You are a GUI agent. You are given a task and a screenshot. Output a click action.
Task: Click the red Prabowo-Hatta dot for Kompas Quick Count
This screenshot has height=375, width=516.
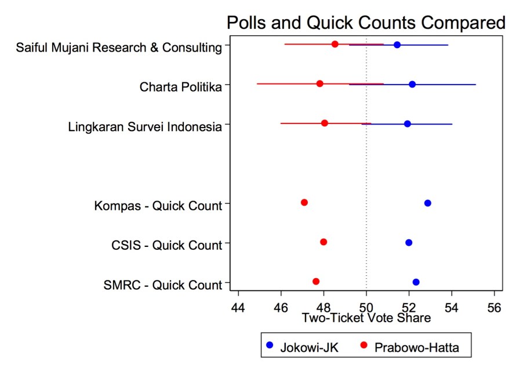point(304,202)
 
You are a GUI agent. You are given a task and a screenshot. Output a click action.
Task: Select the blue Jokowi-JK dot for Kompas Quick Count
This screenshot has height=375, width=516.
point(428,203)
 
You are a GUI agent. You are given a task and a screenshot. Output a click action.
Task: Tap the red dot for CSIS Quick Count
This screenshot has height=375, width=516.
point(324,242)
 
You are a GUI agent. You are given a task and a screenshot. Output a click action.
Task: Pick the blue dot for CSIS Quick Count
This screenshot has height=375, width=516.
point(409,242)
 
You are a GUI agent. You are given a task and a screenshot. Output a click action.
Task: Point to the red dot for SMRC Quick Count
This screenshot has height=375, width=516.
point(316,281)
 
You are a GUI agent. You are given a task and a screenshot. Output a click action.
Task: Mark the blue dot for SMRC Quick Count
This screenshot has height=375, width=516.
point(416,282)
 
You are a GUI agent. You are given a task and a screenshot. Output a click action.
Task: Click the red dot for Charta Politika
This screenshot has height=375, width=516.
point(319,83)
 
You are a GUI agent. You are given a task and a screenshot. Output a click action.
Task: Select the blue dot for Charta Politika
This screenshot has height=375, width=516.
point(412,84)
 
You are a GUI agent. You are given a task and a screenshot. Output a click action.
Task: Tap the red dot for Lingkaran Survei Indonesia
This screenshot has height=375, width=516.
point(325,123)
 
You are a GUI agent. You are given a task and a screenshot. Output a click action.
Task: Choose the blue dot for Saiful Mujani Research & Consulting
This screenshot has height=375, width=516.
point(397,45)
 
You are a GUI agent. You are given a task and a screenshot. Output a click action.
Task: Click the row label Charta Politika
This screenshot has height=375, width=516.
point(181,87)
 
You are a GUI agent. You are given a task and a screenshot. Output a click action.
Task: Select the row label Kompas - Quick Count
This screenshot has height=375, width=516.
point(158,206)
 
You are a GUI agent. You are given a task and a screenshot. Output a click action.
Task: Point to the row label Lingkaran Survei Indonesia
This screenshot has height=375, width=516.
point(145,126)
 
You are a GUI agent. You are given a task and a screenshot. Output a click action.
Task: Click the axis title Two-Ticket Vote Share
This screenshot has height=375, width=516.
point(366,318)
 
